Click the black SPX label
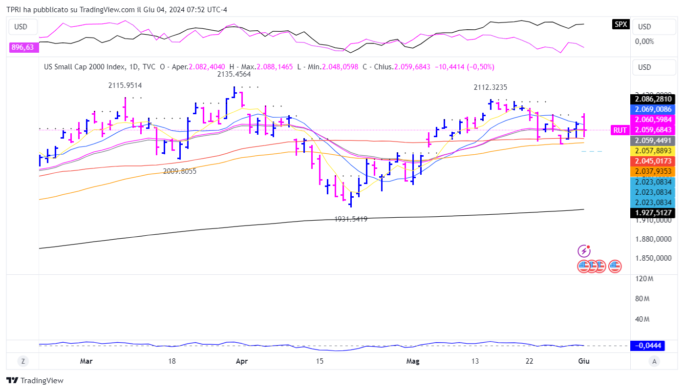coord(620,24)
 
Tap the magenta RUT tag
coord(620,130)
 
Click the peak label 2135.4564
coord(234,74)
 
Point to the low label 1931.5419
coord(351,219)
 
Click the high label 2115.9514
coord(125,85)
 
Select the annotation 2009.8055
coord(180,171)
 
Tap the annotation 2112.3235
coord(490,87)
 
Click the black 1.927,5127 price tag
coord(653,213)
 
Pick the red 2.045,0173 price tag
coord(653,161)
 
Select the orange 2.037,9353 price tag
coord(653,171)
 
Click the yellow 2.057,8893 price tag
coord(653,151)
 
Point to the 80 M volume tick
coord(642,299)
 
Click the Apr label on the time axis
coord(241,361)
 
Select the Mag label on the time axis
coord(413,361)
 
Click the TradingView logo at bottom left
coord(35,380)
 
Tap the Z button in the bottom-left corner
coord(22,361)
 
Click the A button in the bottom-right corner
coord(655,361)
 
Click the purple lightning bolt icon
coord(584,251)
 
